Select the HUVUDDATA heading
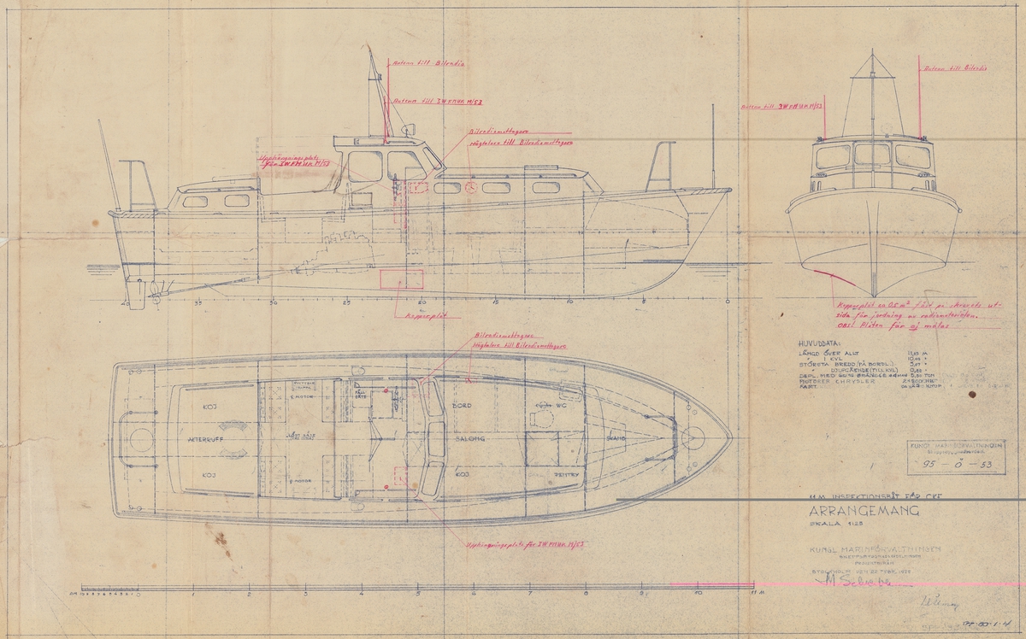tap(818, 337)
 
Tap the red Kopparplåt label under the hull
tap(416, 314)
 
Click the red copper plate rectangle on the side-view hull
tap(402, 279)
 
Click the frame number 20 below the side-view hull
tap(421, 302)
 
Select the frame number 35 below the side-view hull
tap(198, 302)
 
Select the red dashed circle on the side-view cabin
tap(469, 187)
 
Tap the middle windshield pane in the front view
tap(872, 155)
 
